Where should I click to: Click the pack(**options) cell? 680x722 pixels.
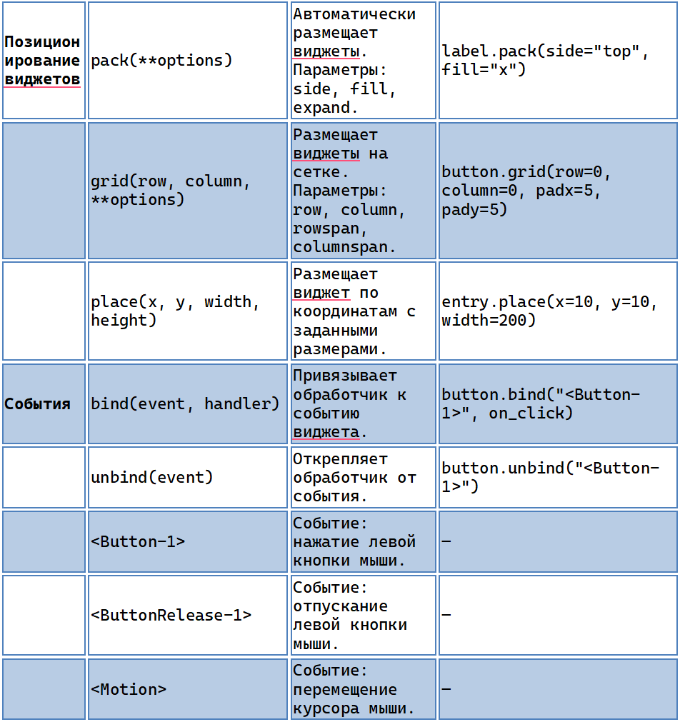coord(188,60)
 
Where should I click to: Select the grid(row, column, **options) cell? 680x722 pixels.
coord(188,191)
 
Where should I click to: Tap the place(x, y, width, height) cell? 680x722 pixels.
coord(188,311)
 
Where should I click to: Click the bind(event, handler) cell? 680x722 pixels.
coord(188,403)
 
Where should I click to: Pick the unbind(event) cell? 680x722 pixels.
coord(188,478)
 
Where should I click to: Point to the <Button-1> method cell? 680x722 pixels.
coord(188,541)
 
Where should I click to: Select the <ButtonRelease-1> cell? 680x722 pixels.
coord(188,615)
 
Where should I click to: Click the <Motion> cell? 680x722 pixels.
coord(188,689)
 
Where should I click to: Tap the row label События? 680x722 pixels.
coord(37,403)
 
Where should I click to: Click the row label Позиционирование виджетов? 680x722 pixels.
coord(42,60)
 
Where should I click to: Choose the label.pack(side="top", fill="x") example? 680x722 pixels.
coord(545,60)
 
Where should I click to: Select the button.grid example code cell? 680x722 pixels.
coord(558,191)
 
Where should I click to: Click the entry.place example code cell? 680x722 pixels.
coord(558,311)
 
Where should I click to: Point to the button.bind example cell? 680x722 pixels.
coord(558,403)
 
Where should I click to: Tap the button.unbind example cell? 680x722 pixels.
coord(558,478)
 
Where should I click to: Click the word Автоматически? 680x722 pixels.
coord(354,14)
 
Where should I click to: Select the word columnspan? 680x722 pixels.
coord(344,247)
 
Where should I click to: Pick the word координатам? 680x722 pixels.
coord(345,311)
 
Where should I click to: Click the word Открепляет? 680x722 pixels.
coord(340,459)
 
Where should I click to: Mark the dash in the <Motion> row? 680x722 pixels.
coord(446,689)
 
